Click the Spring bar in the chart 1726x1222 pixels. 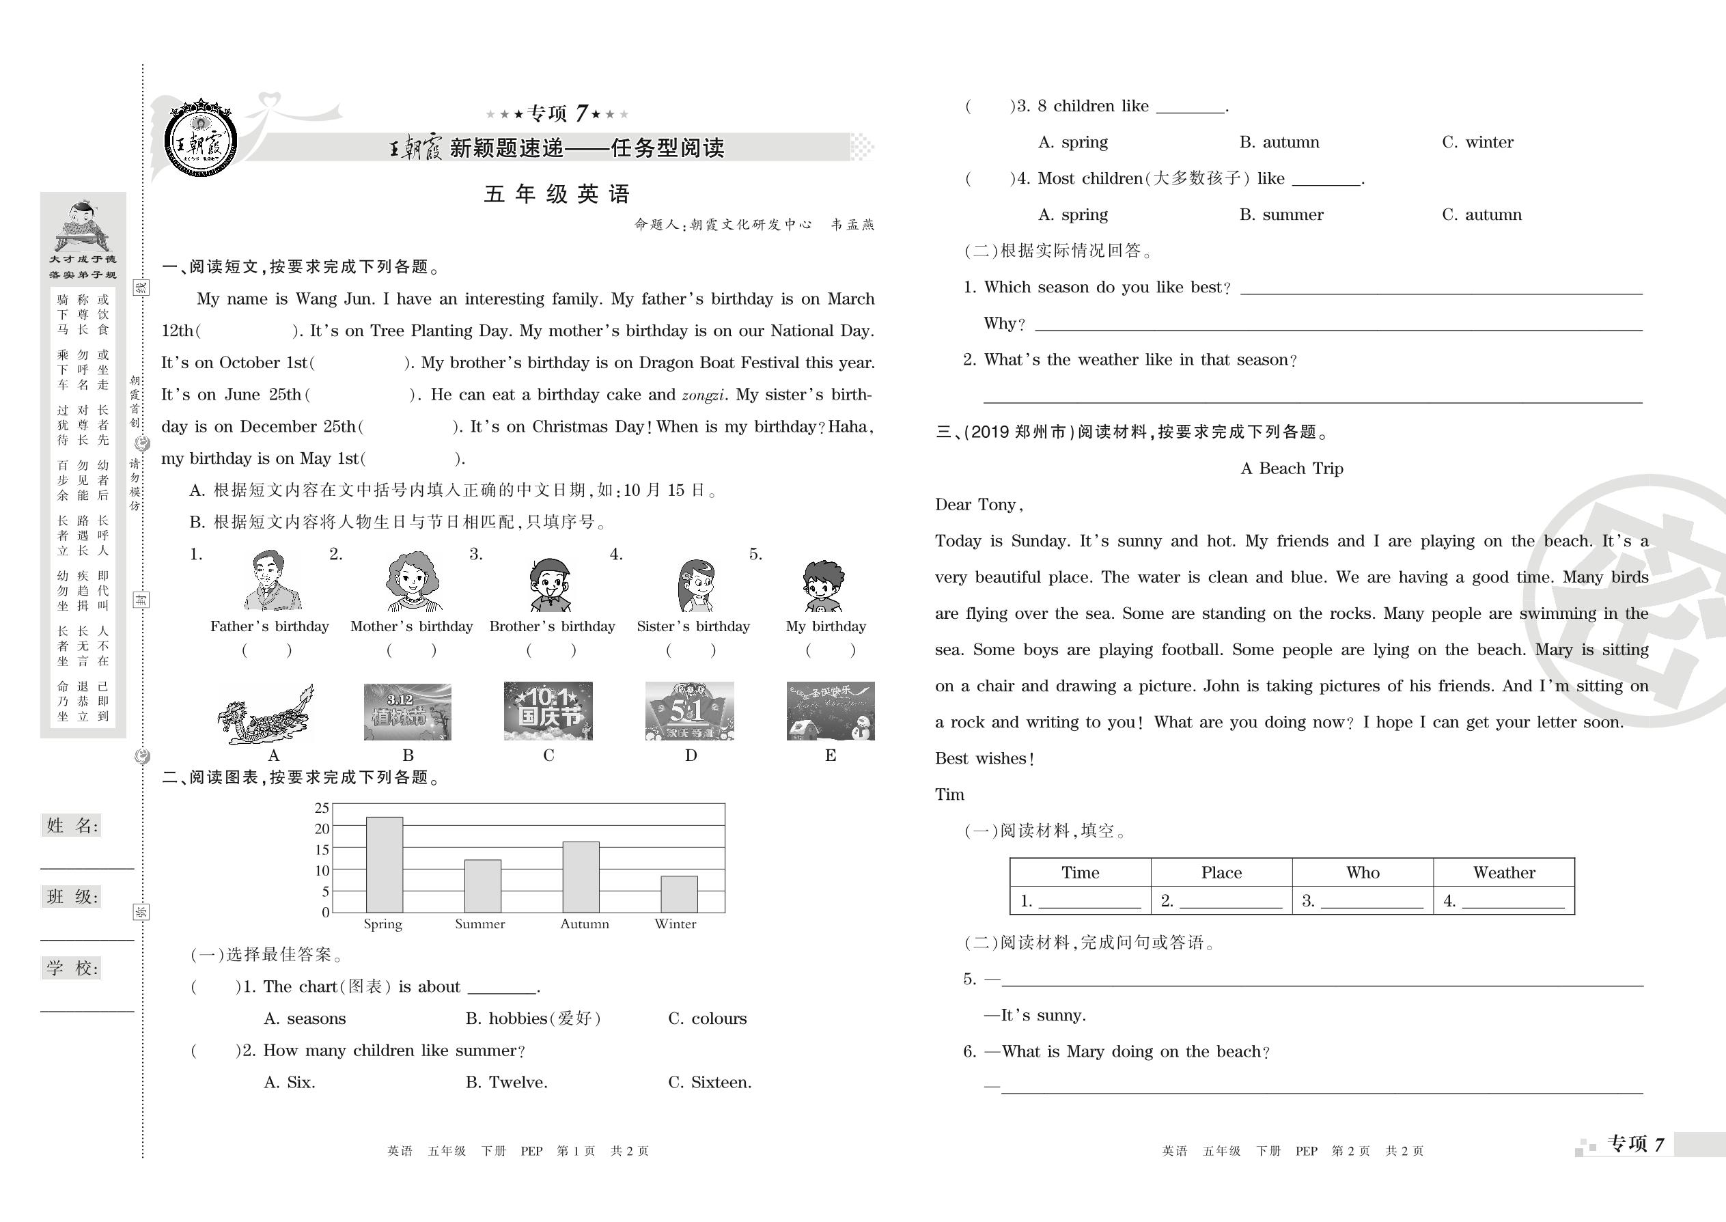tap(384, 865)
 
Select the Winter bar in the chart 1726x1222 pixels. tap(679, 894)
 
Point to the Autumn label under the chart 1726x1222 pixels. tap(585, 924)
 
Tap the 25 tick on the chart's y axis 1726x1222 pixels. tap(322, 808)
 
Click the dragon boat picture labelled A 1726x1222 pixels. tap(266, 713)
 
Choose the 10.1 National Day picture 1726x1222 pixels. tap(548, 711)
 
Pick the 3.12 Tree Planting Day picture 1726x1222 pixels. tap(407, 712)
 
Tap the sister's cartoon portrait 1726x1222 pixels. tap(695, 585)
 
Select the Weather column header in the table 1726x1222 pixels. tap(1503, 873)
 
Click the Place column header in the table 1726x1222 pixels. tap(1221, 873)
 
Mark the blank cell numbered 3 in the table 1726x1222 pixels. tap(1363, 901)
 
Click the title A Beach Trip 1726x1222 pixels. tap(1291, 469)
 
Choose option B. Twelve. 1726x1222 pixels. tap(506, 1083)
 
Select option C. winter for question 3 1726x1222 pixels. tap(1477, 142)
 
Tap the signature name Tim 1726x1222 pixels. tap(949, 794)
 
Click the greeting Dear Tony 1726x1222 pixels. tap(978, 505)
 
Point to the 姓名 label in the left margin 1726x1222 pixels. tap(72, 825)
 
